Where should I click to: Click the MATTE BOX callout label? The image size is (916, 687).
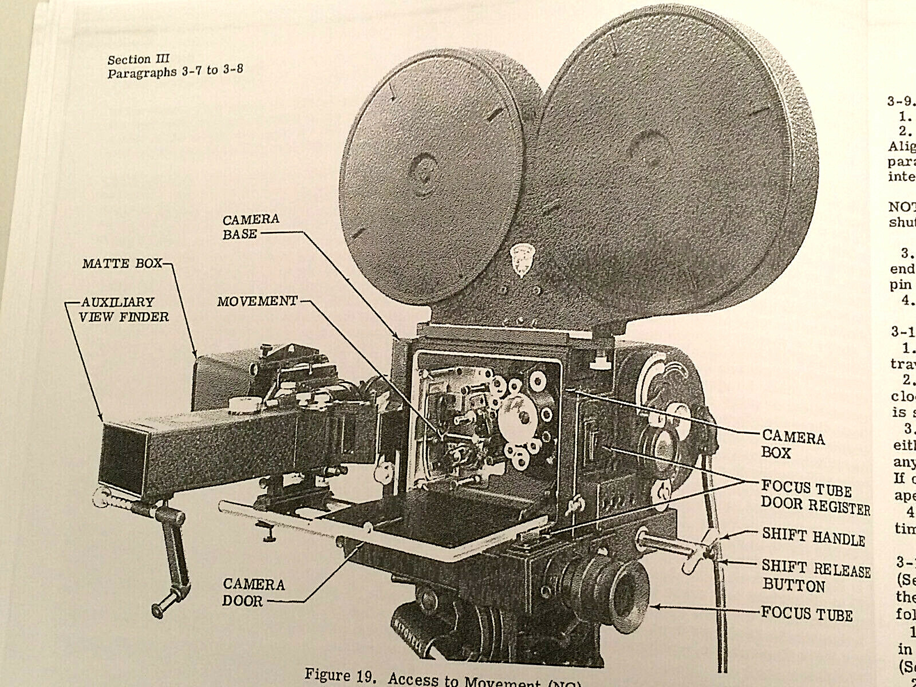pyautogui.click(x=121, y=264)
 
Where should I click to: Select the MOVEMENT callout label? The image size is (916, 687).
pyautogui.click(x=257, y=301)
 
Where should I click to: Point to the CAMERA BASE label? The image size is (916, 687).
pyautogui.click(x=251, y=226)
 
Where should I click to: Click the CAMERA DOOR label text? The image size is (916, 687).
pyautogui.click(x=254, y=593)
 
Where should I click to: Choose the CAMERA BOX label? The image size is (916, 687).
pyautogui.click(x=792, y=445)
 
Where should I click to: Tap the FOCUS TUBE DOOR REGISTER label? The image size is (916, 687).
pyautogui.click(x=815, y=496)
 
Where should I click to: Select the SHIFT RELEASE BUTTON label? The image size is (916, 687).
pyautogui.click(x=815, y=577)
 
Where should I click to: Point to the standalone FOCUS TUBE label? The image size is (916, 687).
pyautogui.click(x=807, y=614)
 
